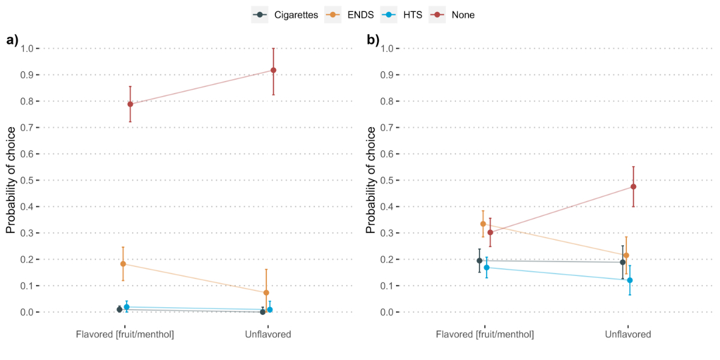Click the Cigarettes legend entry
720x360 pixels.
click(x=284, y=15)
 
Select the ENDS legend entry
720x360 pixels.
click(x=350, y=15)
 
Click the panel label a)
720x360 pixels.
click(x=12, y=40)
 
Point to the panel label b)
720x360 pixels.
click(x=373, y=40)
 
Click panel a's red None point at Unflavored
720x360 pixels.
click(x=273, y=70)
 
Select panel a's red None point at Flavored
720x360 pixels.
click(x=130, y=104)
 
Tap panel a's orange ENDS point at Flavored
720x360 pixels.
click(x=123, y=264)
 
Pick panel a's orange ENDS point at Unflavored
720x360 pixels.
click(x=266, y=293)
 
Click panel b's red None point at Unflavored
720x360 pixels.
click(x=633, y=187)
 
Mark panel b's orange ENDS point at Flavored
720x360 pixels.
click(x=483, y=224)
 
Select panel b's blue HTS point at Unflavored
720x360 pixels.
click(x=629, y=280)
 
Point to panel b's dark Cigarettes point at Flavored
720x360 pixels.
click(x=479, y=260)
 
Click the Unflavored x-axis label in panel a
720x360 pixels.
click(x=268, y=334)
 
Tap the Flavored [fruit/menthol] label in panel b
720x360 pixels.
click(x=485, y=334)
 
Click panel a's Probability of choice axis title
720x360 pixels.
click(x=11, y=180)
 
